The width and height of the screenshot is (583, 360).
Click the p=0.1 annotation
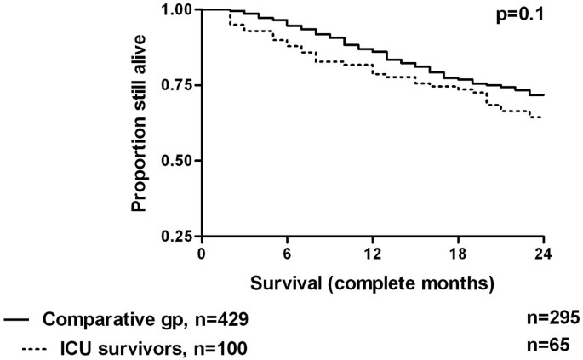(519, 15)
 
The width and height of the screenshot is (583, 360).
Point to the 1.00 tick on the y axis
(175, 9)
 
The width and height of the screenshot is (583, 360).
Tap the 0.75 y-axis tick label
(175, 85)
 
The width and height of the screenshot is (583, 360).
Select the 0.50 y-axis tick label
(175, 161)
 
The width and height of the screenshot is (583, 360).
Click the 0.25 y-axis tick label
(175, 236)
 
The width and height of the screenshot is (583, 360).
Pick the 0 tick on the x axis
(202, 253)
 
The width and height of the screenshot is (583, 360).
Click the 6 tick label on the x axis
(288, 253)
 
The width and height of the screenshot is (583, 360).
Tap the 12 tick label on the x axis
(373, 253)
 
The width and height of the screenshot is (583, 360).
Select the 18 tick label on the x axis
(459, 253)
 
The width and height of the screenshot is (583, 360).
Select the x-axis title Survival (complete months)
(373, 280)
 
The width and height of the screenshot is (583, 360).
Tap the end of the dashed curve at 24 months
(542, 117)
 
